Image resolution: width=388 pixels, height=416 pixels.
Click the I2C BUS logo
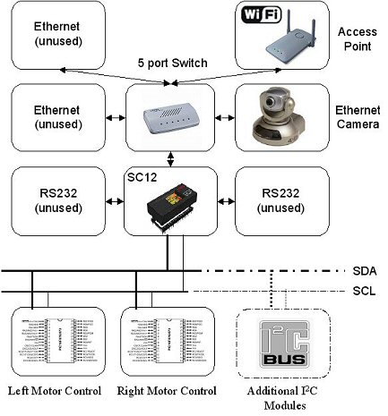point(274,346)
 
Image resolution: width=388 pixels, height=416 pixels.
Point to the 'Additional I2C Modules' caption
point(274,398)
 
